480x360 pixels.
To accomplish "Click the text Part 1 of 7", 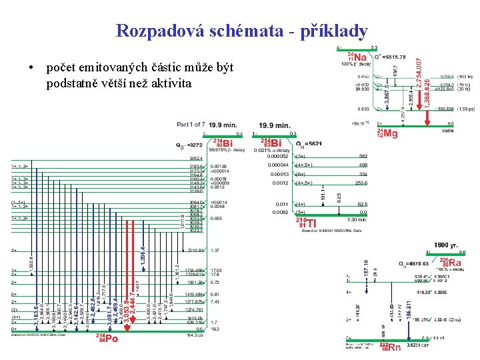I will pyautogui.click(x=191, y=125).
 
